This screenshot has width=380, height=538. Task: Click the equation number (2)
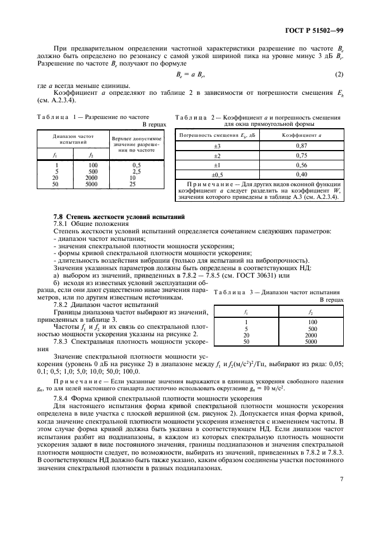pos(339,75)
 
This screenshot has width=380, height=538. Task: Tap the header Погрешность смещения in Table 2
pos(217,135)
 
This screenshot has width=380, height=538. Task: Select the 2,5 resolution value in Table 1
pos(137,171)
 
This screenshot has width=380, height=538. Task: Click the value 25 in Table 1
pos(133,185)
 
